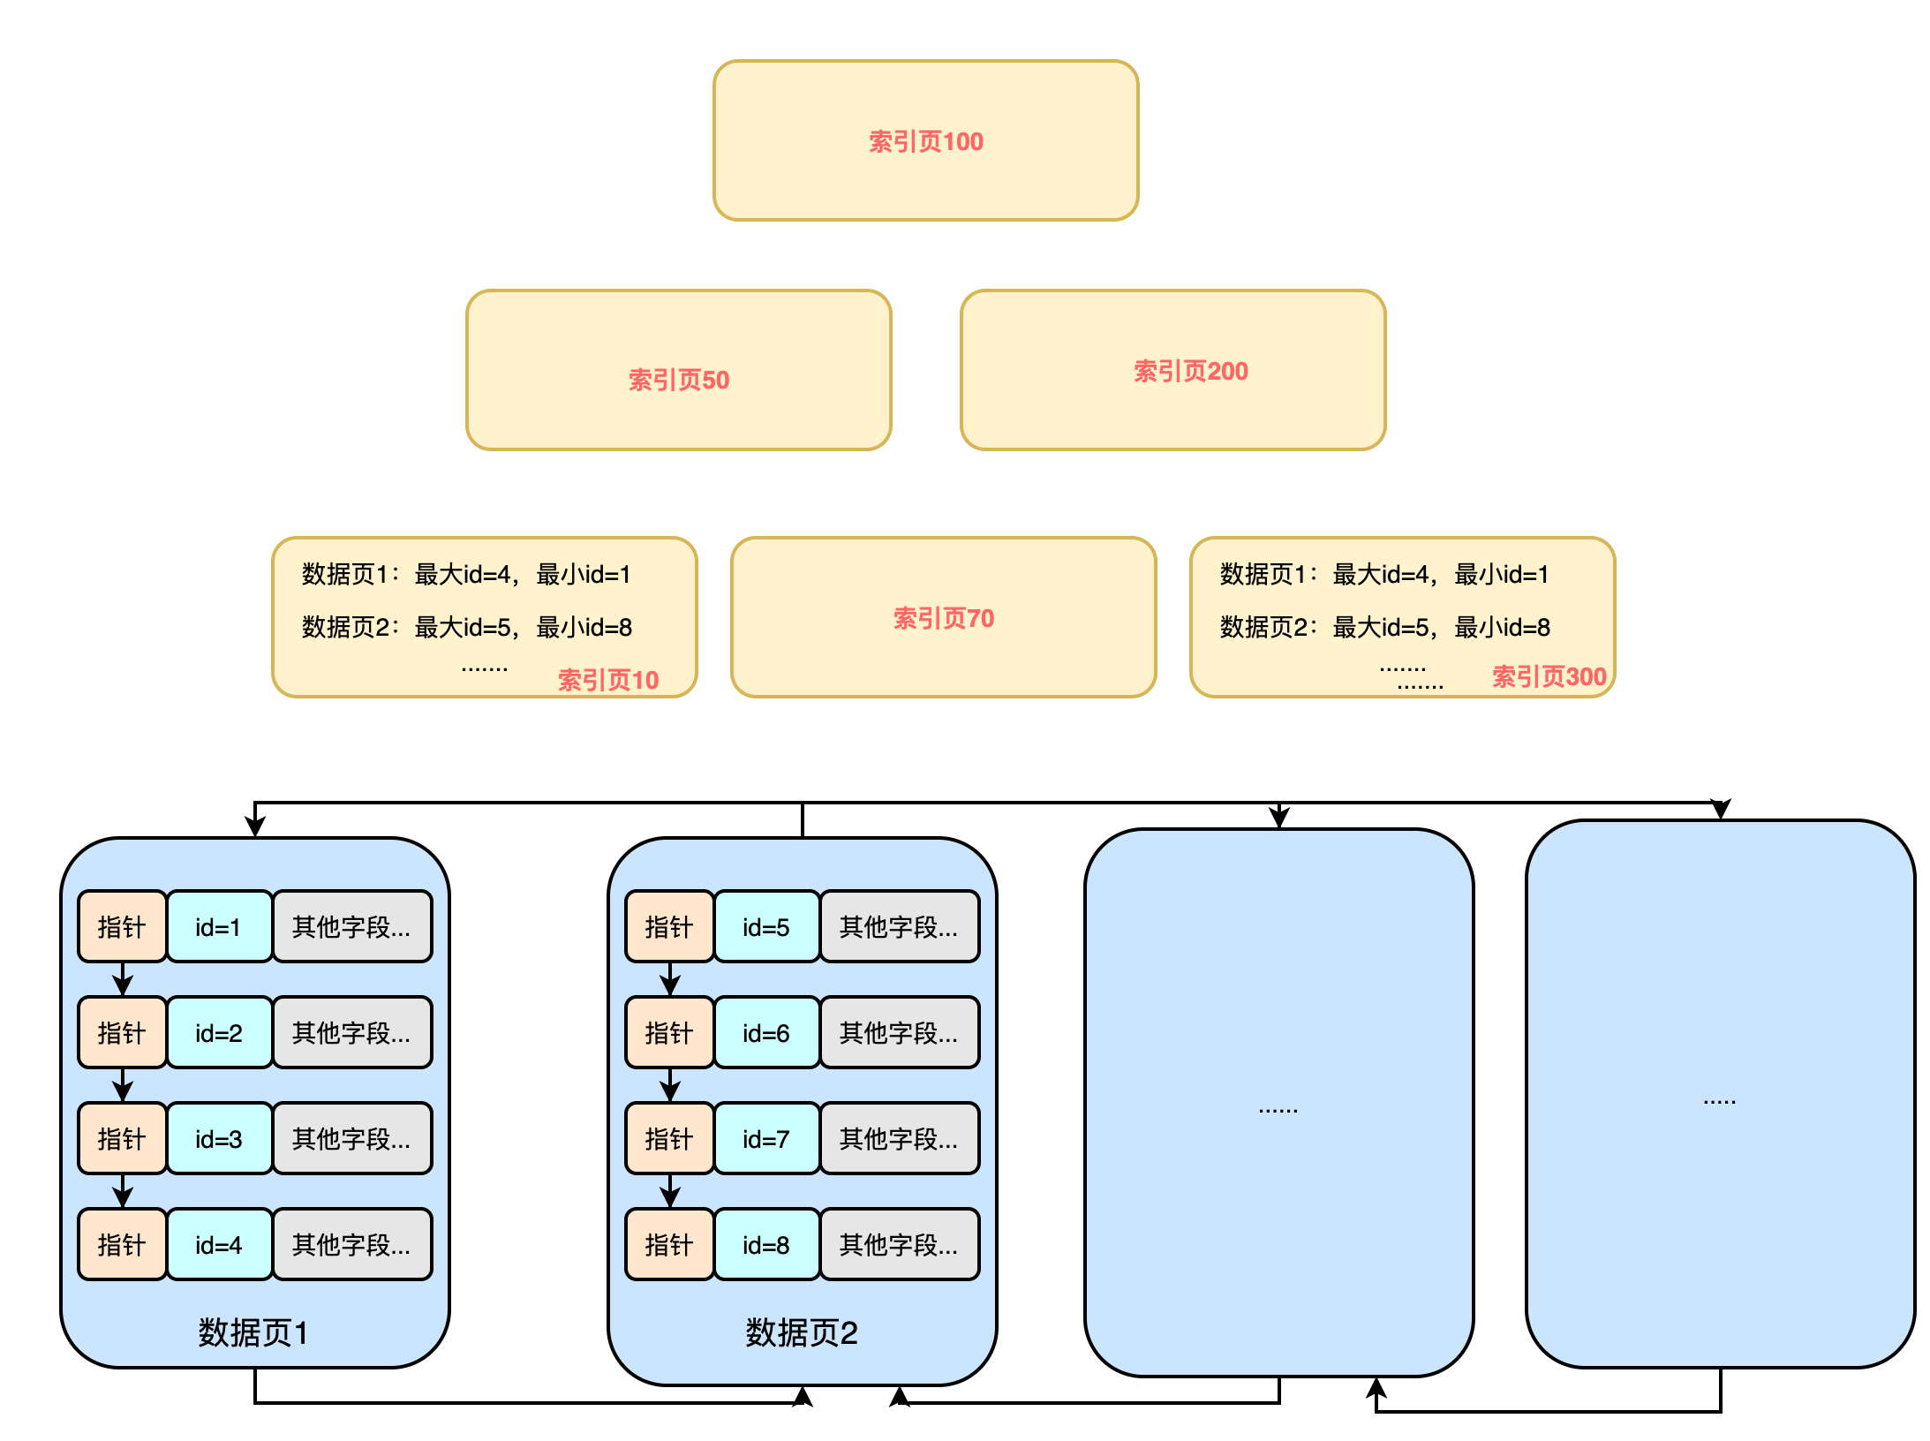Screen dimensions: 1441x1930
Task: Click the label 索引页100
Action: click(x=925, y=141)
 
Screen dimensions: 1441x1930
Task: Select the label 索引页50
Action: click(x=678, y=380)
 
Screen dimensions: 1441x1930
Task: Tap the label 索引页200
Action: click(x=1190, y=371)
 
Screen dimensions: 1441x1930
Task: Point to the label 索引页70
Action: click(x=943, y=618)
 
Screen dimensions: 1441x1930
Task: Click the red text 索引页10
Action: click(x=608, y=680)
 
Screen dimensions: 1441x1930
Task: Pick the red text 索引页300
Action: click(x=1549, y=676)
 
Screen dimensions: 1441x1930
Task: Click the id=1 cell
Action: click(x=218, y=927)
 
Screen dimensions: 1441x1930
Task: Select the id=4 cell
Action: click(x=218, y=1245)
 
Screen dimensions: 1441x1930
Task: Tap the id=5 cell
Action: click(x=765, y=927)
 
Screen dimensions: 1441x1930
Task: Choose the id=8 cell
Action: click(x=765, y=1245)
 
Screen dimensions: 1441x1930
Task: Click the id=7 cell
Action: click(x=765, y=1139)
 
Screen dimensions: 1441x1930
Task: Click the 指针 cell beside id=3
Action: click(x=122, y=1139)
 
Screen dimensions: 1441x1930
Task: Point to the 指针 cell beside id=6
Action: click(x=669, y=1033)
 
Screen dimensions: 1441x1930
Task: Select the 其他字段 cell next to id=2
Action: click(x=351, y=1033)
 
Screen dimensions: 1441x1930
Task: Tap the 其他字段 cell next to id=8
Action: click(x=899, y=1245)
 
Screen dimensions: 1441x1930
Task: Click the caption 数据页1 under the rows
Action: click(x=253, y=1332)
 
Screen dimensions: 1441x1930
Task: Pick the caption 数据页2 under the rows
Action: click(x=801, y=1332)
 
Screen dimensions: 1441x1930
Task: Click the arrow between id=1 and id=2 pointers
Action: click(x=123, y=979)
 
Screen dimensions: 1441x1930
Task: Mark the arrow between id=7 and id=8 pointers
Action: click(x=670, y=1191)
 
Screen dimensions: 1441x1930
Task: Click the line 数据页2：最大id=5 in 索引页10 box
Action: click(x=466, y=627)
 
